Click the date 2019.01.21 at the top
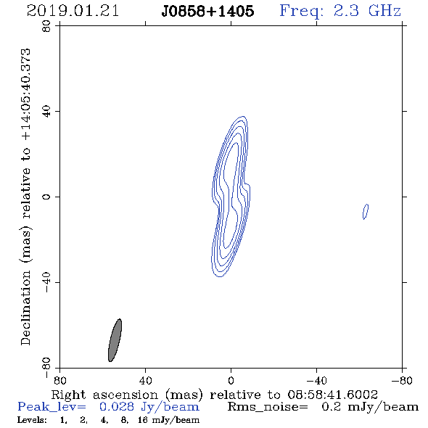[x=73, y=11]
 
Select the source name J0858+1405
[x=207, y=12]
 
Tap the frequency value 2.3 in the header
[x=346, y=11]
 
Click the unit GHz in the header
[x=384, y=11]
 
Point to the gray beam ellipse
[x=115, y=340]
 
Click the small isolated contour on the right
[x=366, y=212]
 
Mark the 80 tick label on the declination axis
[x=46, y=26]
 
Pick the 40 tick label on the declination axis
[x=46, y=112]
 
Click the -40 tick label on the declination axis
[x=46, y=282]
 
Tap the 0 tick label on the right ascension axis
[x=231, y=381]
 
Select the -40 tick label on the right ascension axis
[x=316, y=381]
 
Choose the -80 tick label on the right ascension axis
[x=402, y=381]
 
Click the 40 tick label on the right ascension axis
[x=145, y=381]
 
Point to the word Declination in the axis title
[x=25, y=308]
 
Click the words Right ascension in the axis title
[x=104, y=395]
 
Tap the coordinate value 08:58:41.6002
[x=332, y=395]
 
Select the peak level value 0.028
[x=117, y=407]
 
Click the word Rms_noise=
[x=268, y=407]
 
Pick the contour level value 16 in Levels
[x=143, y=419]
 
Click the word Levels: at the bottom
[x=32, y=419]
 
